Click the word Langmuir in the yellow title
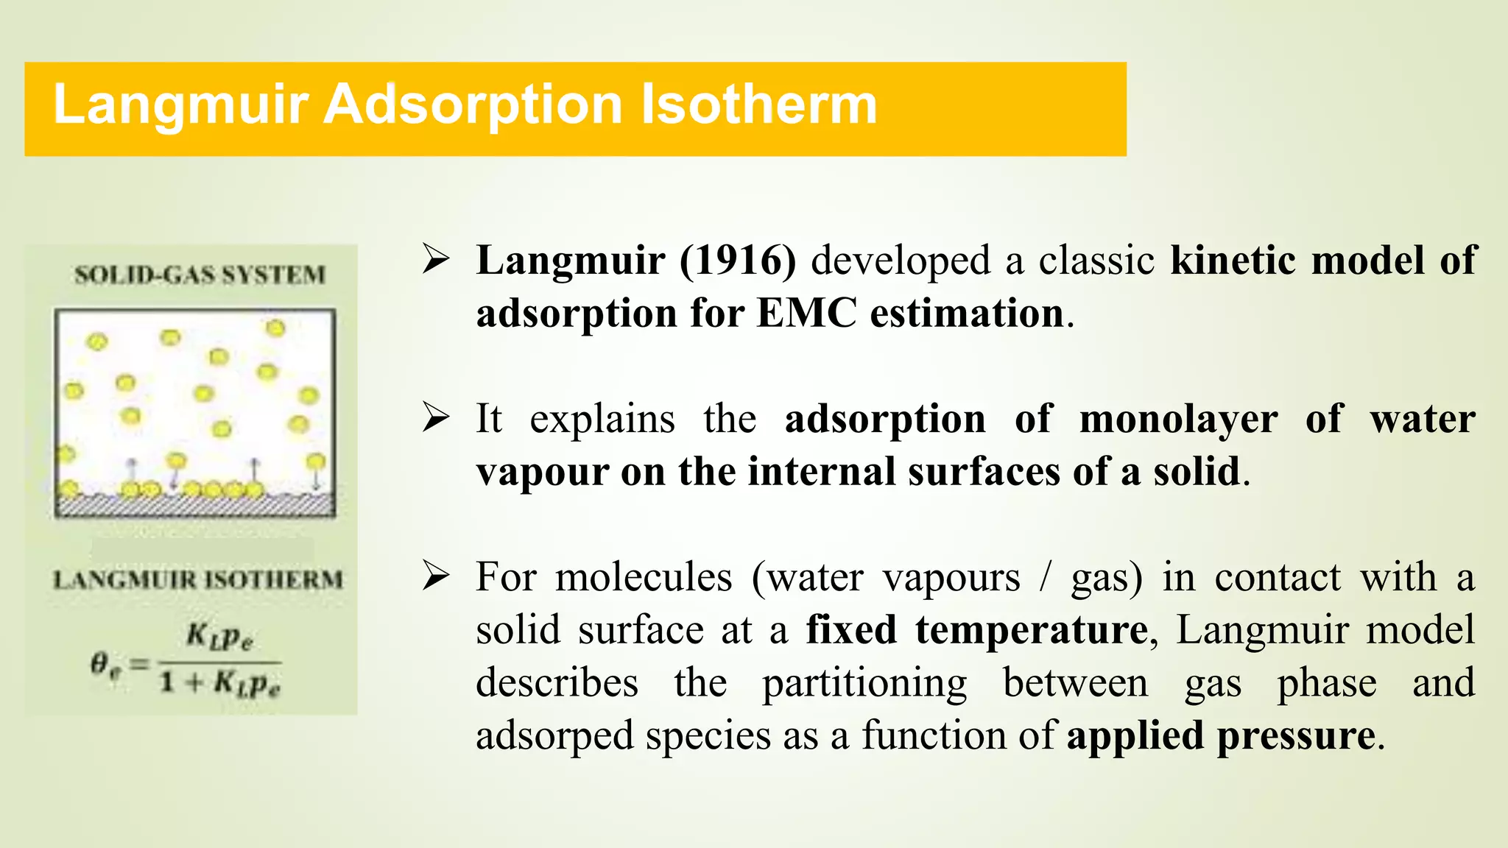pyautogui.click(x=180, y=105)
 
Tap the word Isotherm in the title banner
pyautogui.click(x=758, y=104)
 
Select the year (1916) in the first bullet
pyautogui.click(x=738, y=261)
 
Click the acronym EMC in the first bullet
pyautogui.click(x=807, y=314)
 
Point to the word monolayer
pyautogui.click(x=1178, y=420)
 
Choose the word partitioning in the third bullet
pyautogui.click(x=864, y=683)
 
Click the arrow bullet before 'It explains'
pyautogui.click(x=436, y=417)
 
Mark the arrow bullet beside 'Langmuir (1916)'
pyautogui.click(x=436, y=259)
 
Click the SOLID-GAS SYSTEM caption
pyautogui.click(x=200, y=275)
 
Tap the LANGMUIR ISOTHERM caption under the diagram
pyautogui.click(x=198, y=579)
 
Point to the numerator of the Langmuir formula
pyautogui.click(x=219, y=636)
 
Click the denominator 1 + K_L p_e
pyautogui.click(x=219, y=684)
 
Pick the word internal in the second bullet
pyautogui.click(x=822, y=472)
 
